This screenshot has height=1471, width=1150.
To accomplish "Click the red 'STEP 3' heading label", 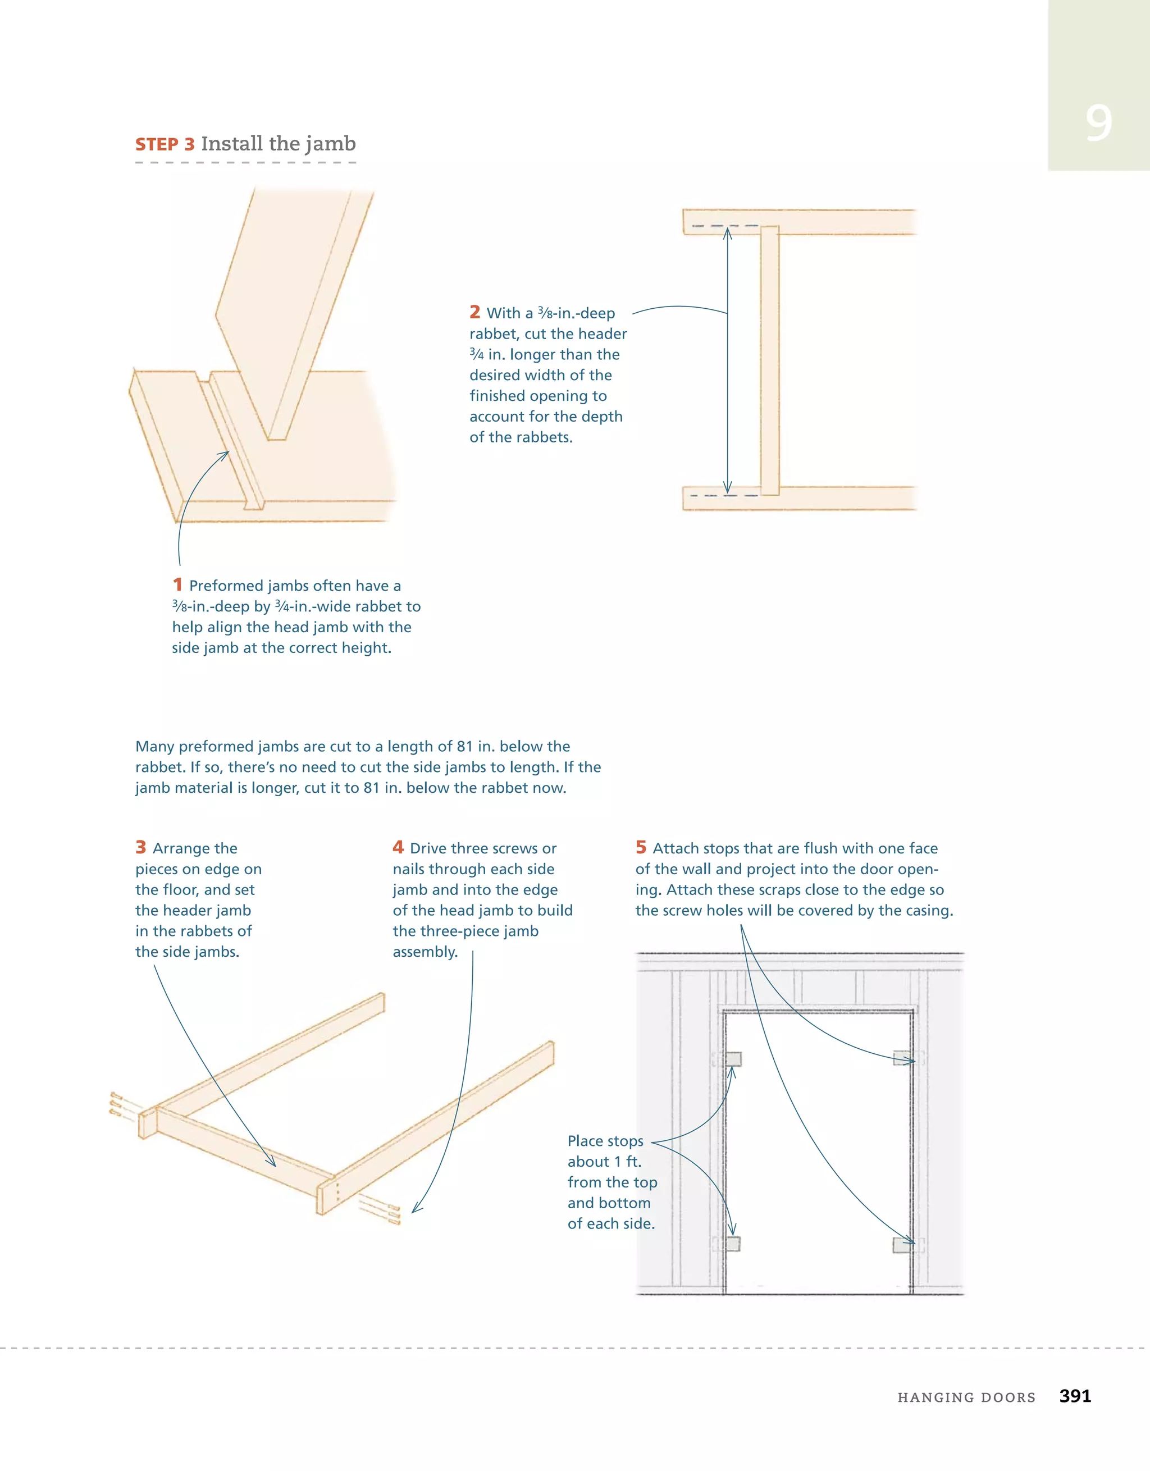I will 165,145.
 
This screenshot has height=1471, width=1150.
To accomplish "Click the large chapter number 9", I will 1098,124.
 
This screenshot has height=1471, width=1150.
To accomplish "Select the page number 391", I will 1075,1396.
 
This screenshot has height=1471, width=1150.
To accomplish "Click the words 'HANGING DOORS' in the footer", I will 966,1397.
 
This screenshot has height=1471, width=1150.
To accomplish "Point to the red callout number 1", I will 177,584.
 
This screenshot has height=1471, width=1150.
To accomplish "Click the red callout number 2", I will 475,312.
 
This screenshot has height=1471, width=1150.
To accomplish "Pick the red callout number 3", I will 141,847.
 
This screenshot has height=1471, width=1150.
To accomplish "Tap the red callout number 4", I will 398,847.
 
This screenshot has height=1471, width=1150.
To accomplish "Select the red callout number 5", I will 641,847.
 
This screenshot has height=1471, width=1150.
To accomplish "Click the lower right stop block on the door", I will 901,1245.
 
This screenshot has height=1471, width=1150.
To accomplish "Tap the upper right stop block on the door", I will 901,1058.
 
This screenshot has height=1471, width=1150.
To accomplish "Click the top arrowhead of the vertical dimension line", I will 727,232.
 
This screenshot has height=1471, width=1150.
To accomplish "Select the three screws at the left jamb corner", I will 117,1104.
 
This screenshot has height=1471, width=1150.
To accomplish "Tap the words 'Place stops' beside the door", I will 605,1141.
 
